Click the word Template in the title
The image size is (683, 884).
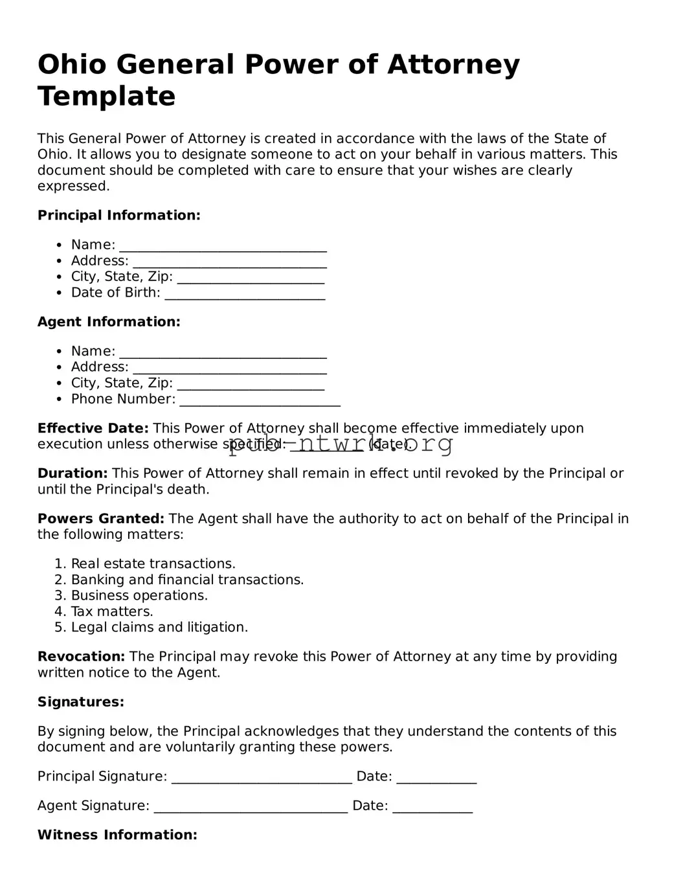[x=106, y=96]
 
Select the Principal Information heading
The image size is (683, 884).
[x=118, y=215]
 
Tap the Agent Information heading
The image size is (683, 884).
[x=109, y=322]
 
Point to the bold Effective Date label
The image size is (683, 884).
[x=93, y=428]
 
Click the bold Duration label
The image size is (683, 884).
[x=72, y=473]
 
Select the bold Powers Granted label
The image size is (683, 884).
[x=100, y=519]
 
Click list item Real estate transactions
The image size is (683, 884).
[x=153, y=563]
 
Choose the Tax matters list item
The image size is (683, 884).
[x=111, y=611]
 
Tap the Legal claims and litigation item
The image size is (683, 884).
[x=159, y=627]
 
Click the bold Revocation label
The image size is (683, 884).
[x=81, y=657]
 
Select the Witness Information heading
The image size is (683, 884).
[x=117, y=835]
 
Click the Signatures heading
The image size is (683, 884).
[x=80, y=702]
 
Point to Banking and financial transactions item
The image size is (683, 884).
[x=187, y=580]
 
